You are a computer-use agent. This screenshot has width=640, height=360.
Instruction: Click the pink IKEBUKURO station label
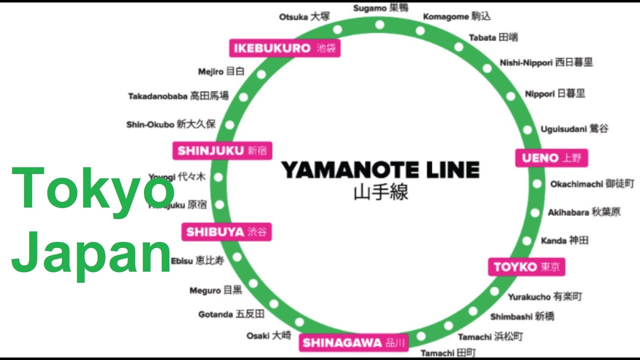pyautogui.click(x=285, y=48)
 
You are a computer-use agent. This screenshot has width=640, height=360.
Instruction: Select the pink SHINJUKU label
pyautogui.click(x=222, y=150)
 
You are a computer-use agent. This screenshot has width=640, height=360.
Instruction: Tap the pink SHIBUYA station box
pyautogui.click(x=226, y=232)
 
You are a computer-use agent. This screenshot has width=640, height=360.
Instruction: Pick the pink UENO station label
pyautogui.click(x=551, y=158)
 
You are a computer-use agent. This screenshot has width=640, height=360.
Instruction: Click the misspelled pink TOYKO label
pyautogui.click(x=526, y=266)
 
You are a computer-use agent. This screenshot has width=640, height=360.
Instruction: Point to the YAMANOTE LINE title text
pyautogui.click(x=380, y=170)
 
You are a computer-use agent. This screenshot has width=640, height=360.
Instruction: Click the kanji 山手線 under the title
pyautogui.click(x=380, y=192)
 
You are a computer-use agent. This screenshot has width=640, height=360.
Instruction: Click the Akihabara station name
pyautogui.click(x=583, y=212)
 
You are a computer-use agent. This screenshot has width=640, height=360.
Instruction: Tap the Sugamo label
pyautogui.click(x=380, y=8)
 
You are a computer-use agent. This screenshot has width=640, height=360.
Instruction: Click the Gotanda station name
pyautogui.click(x=231, y=314)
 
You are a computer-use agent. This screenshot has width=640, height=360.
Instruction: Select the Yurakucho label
pyautogui.click(x=545, y=297)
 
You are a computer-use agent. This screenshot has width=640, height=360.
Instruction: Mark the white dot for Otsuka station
pyautogui.click(x=337, y=29)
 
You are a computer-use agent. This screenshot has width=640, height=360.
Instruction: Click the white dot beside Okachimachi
pyautogui.click(x=537, y=184)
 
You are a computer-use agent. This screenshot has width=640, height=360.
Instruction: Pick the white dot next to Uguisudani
pyautogui.click(x=527, y=130)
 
